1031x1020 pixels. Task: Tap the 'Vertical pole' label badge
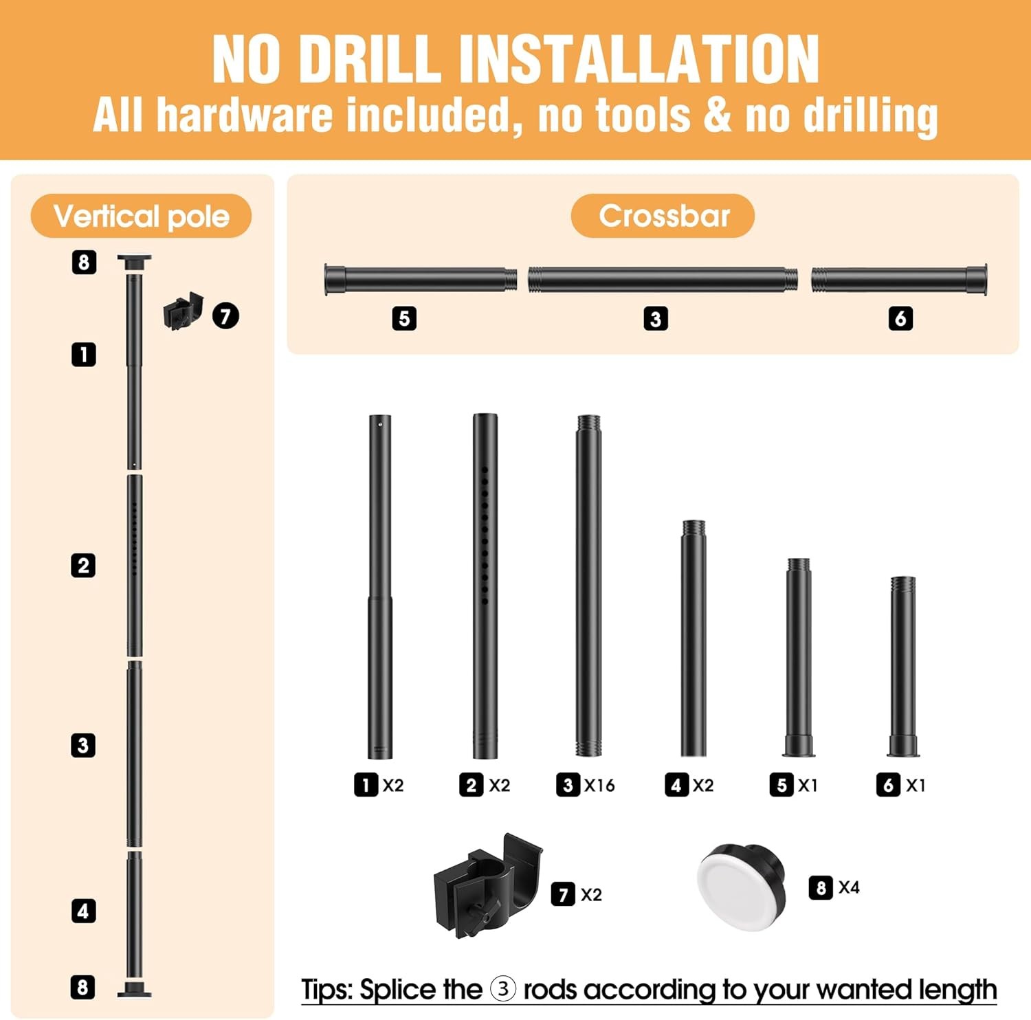pos(141,216)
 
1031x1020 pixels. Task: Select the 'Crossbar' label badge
pos(663,216)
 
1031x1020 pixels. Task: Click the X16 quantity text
pos(599,785)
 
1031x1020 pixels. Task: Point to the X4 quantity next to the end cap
pos(849,887)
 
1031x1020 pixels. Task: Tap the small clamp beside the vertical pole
pos(183,311)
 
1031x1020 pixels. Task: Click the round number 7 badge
pos(225,316)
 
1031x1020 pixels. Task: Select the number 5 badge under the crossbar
pos(404,318)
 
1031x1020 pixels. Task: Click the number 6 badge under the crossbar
pos(900,318)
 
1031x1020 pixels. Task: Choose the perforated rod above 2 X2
pos(485,586)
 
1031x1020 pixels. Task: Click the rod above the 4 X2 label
pos(694,639)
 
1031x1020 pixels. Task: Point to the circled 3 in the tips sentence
pos(503,989)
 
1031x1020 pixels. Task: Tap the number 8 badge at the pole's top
pos(84,262)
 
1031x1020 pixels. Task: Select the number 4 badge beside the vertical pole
pos(83,911)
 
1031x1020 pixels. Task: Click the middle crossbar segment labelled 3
pos(663,280)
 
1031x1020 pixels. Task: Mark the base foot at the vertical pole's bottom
pos(134,990)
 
